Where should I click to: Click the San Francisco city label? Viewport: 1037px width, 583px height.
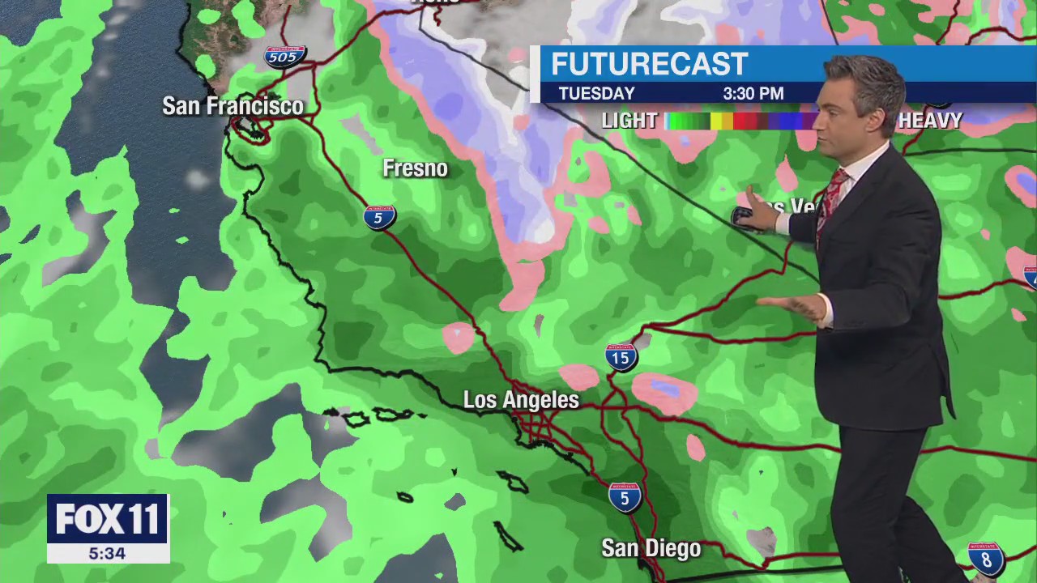pos(233,106)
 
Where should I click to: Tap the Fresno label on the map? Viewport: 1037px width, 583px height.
pos(415,168)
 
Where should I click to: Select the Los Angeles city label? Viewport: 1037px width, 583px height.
pos(521,400)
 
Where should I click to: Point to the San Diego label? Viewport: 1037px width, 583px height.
pos(651,549)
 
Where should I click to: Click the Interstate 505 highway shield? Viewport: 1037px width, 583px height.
pos(284,57)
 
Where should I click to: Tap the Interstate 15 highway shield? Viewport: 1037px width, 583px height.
pos(621,357)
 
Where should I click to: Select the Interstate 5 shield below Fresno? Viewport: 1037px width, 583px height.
pos(379,217)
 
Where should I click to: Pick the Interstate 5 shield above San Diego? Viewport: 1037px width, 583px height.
pos(625,496)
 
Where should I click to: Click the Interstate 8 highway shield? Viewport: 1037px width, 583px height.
pos(986,559)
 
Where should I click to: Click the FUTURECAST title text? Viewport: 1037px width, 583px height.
pos(649,64)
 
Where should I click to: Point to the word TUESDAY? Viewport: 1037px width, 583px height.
pos(596,94)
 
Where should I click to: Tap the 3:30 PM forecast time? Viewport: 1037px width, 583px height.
pos(753,94)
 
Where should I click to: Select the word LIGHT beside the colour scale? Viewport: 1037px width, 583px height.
pos(629,121)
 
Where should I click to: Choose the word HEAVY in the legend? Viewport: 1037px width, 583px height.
pos(929,121)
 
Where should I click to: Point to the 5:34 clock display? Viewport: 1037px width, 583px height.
pos(107,554)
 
